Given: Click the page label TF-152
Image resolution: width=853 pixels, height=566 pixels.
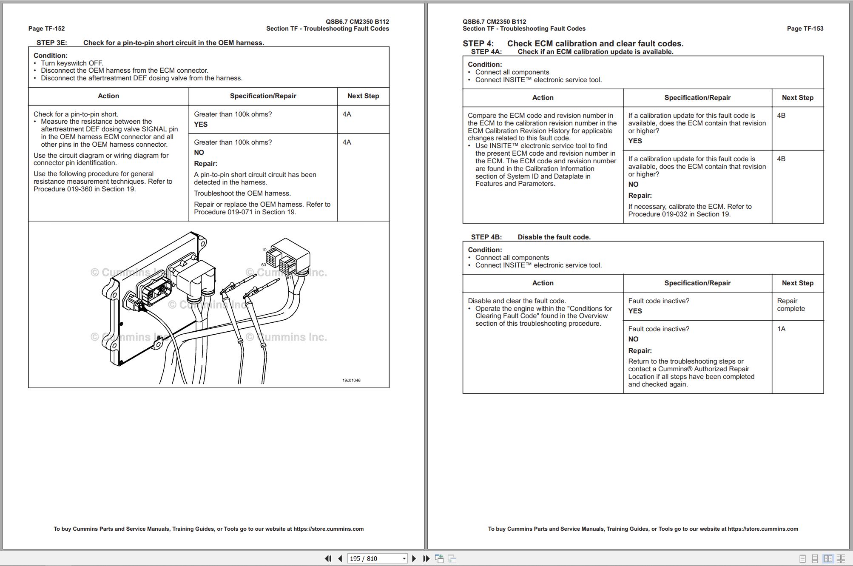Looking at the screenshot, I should point(46,28).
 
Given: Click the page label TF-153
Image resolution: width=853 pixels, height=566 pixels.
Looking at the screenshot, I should point(805,28).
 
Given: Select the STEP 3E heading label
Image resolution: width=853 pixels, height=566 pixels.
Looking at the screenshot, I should point(51,43).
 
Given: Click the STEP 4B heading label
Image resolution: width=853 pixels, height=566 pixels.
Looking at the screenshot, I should point(486,237).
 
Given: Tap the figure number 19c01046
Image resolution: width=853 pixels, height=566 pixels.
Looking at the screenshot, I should point(351,380).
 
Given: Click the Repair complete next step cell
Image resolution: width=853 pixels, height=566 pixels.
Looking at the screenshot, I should point(790,305).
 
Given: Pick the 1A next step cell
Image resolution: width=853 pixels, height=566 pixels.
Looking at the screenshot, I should point(781,329).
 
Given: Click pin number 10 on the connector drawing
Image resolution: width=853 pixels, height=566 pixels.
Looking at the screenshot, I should point(264,250).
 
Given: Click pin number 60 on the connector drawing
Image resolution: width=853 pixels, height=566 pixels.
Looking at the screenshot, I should point(264,265).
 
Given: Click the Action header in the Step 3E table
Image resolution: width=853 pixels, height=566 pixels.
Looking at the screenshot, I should point(108,96).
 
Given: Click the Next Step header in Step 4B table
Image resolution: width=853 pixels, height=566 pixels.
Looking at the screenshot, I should point(797,283).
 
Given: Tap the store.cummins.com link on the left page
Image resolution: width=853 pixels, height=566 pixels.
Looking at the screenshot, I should point(328,529).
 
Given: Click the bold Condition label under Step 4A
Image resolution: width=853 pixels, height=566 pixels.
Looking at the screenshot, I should point(485,64).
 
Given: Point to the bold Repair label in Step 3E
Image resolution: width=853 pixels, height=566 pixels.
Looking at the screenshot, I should point(205,163).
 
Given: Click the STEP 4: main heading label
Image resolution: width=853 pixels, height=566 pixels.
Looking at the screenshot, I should point(478,43).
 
